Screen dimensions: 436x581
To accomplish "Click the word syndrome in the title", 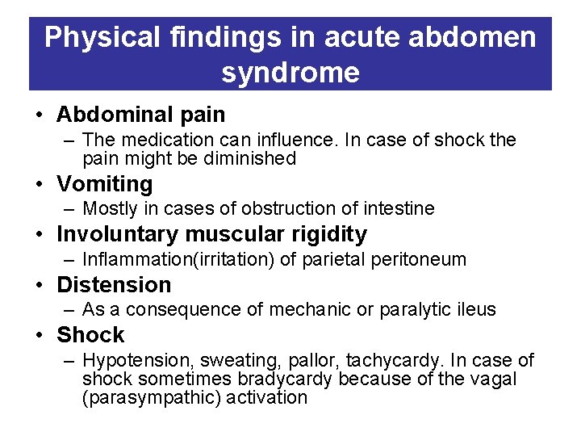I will pos(290,73).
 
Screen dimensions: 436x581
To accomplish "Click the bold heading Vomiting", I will pos(104,184).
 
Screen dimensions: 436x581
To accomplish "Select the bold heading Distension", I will pos(114,284).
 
